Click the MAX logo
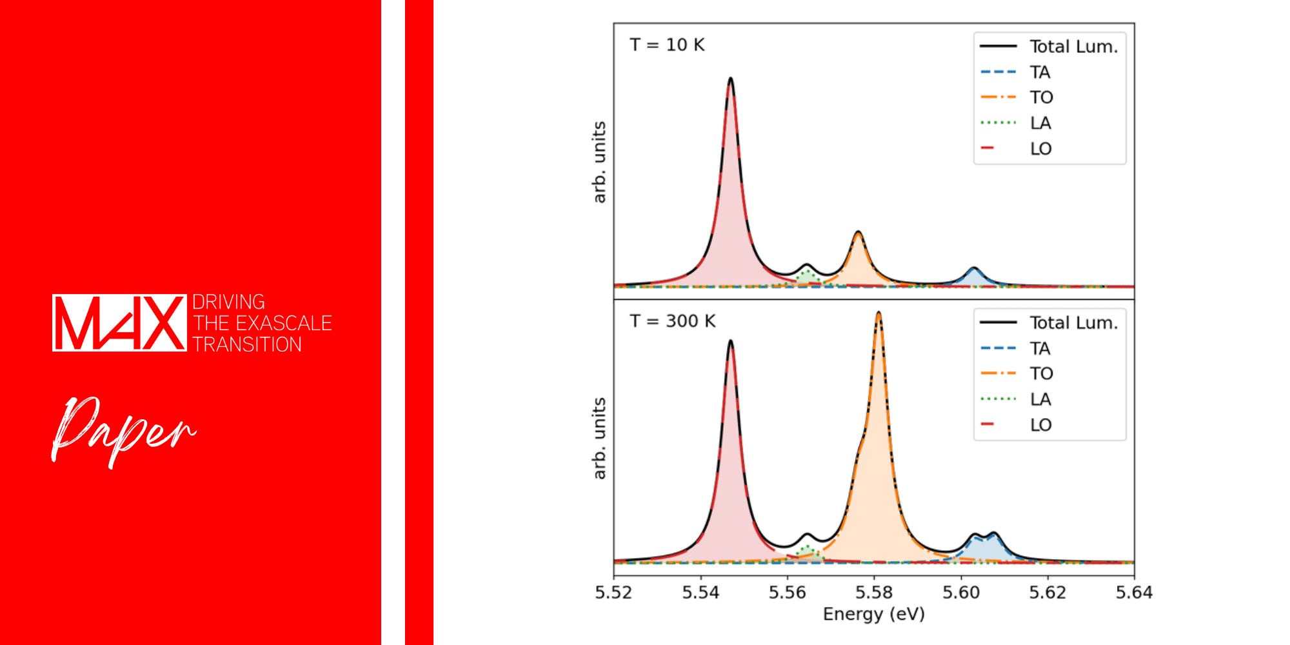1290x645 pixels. pos(119,322)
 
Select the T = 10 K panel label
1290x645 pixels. pos(667,45)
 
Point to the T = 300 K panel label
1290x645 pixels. pos(673,321)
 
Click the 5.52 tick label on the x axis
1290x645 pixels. pos(613,592)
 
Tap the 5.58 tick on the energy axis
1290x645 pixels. pos(874,592)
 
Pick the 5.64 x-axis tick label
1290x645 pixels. pos(1134,592)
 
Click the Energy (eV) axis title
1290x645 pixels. pos(874,614)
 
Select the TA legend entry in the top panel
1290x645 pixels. pos(1016,72)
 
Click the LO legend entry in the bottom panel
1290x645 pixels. pos(1017,424)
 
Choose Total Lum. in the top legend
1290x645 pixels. pos(1049,46)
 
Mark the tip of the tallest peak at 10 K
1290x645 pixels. pos(730,78)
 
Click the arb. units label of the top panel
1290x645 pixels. pos(599,162)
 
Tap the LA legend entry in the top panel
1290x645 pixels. pos(1016,123)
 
